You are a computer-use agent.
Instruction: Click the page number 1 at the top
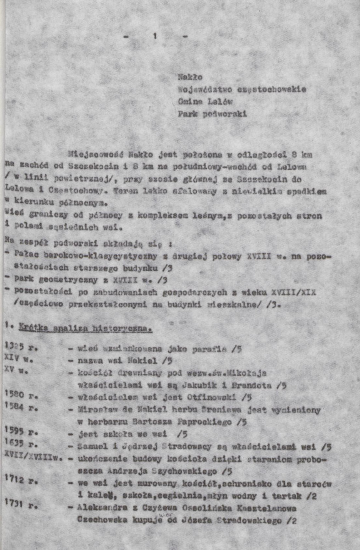click(x=155, y=37)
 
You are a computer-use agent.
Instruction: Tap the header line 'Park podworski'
click(x=212, y=114)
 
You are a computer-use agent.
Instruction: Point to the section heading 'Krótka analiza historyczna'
click(x=86, y=328)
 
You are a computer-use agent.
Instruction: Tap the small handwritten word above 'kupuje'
click(x=164, y=515)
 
